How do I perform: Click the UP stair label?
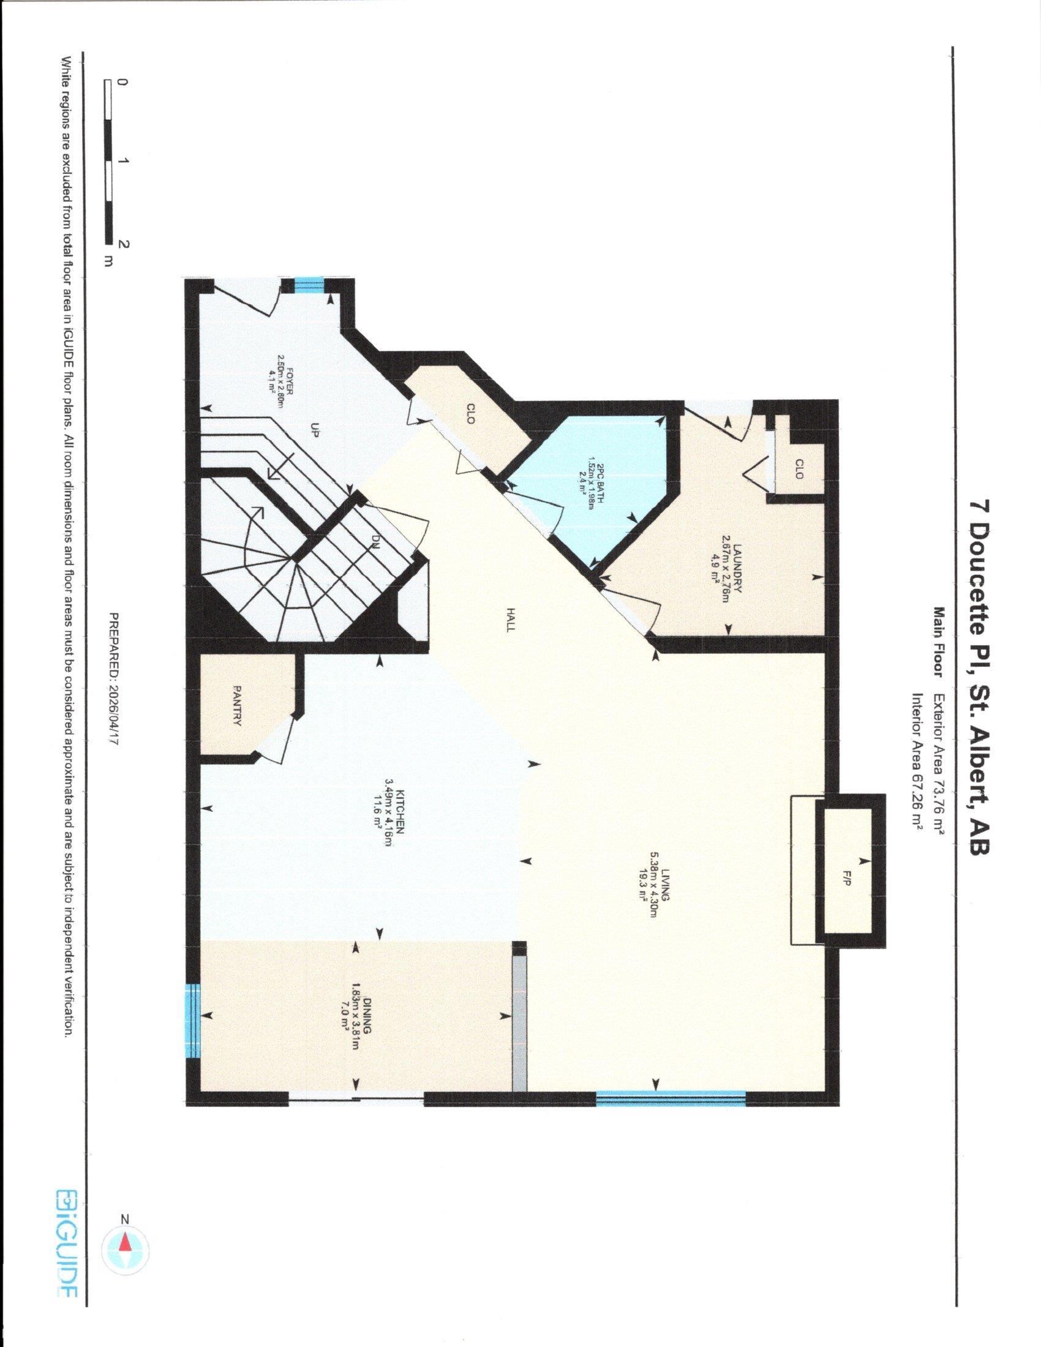pyautogui.click(x=314, y=432)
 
